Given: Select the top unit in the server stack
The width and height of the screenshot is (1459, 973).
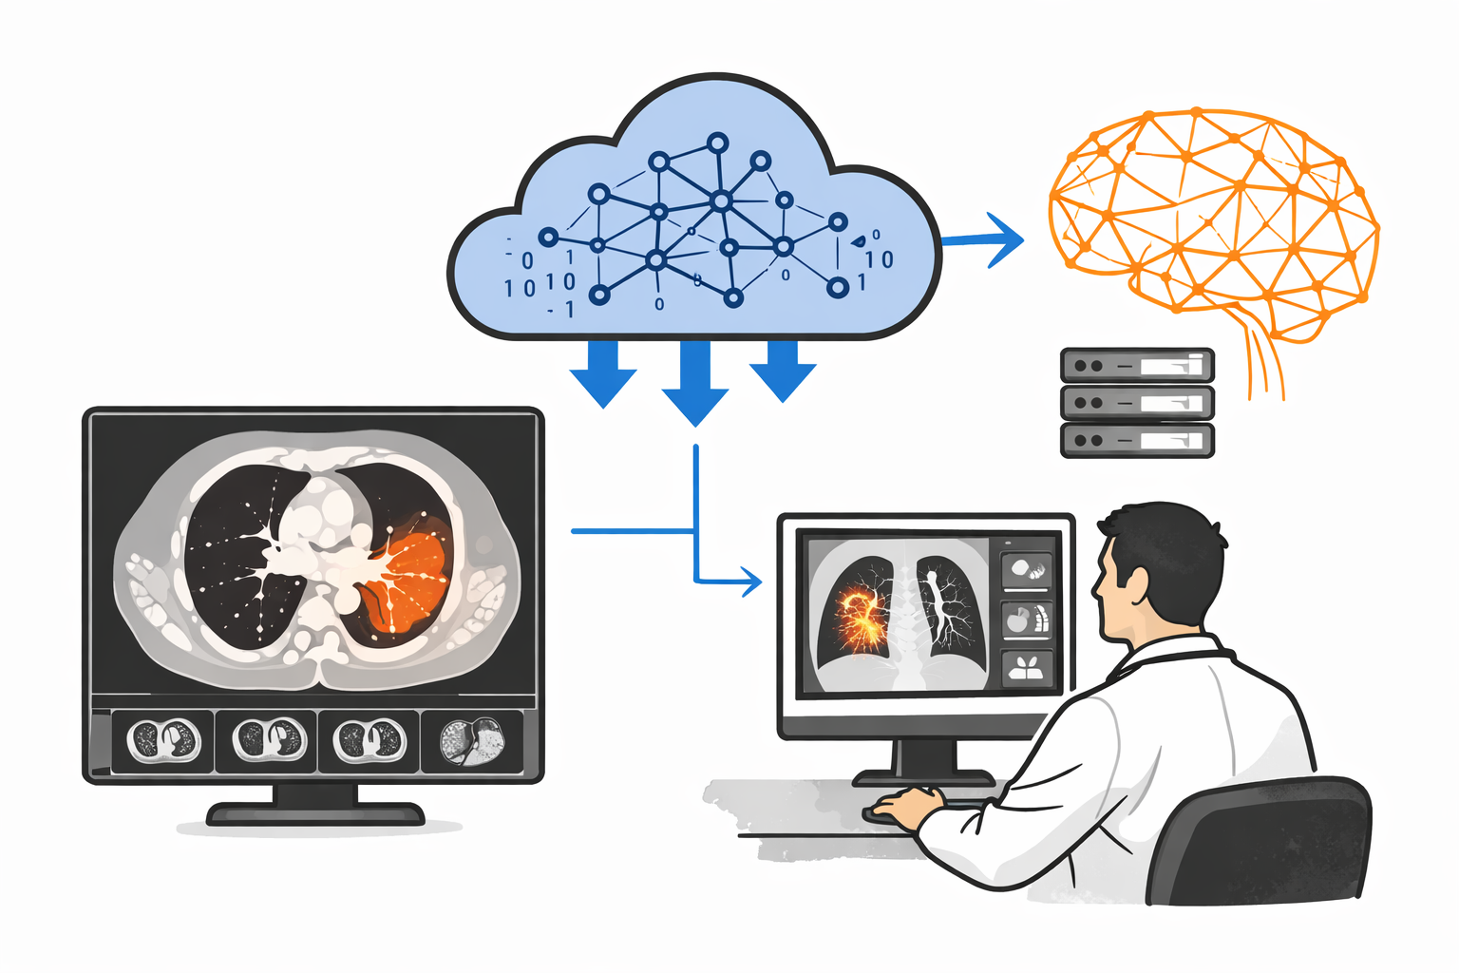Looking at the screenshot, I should coord(1137,365).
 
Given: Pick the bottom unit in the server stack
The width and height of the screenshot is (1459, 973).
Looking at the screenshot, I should coord(1137,441).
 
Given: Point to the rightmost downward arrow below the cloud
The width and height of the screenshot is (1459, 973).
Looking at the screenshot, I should coord(783,371).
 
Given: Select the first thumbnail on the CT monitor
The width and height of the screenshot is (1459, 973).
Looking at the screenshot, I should coord(164,740).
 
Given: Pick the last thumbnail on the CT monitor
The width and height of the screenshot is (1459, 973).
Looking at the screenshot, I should coord(472,741).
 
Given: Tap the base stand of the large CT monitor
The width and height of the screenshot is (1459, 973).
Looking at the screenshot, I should coord(315,813).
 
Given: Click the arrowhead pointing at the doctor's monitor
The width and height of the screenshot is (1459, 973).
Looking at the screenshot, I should coord(751,581).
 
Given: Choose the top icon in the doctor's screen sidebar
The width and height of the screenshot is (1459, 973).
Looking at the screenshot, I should coord(1027,570).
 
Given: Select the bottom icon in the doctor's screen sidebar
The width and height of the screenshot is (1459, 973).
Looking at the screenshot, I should coord(1027,667).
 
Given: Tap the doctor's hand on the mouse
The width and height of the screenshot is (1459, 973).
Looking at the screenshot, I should coord(907,807).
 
